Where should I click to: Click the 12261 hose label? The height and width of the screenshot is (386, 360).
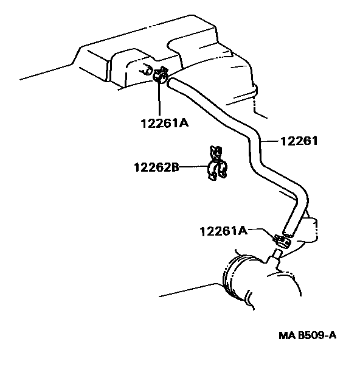299,141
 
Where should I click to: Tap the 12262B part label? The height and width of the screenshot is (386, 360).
156,167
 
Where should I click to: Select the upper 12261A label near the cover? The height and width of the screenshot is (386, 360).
165,123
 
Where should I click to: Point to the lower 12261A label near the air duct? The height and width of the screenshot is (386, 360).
223,231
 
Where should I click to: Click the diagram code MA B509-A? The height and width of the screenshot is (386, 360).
307,335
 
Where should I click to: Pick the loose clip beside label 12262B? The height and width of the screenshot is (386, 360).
216,163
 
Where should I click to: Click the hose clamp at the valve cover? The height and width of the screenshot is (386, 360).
161,74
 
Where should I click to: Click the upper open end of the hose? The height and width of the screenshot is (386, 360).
170,82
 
